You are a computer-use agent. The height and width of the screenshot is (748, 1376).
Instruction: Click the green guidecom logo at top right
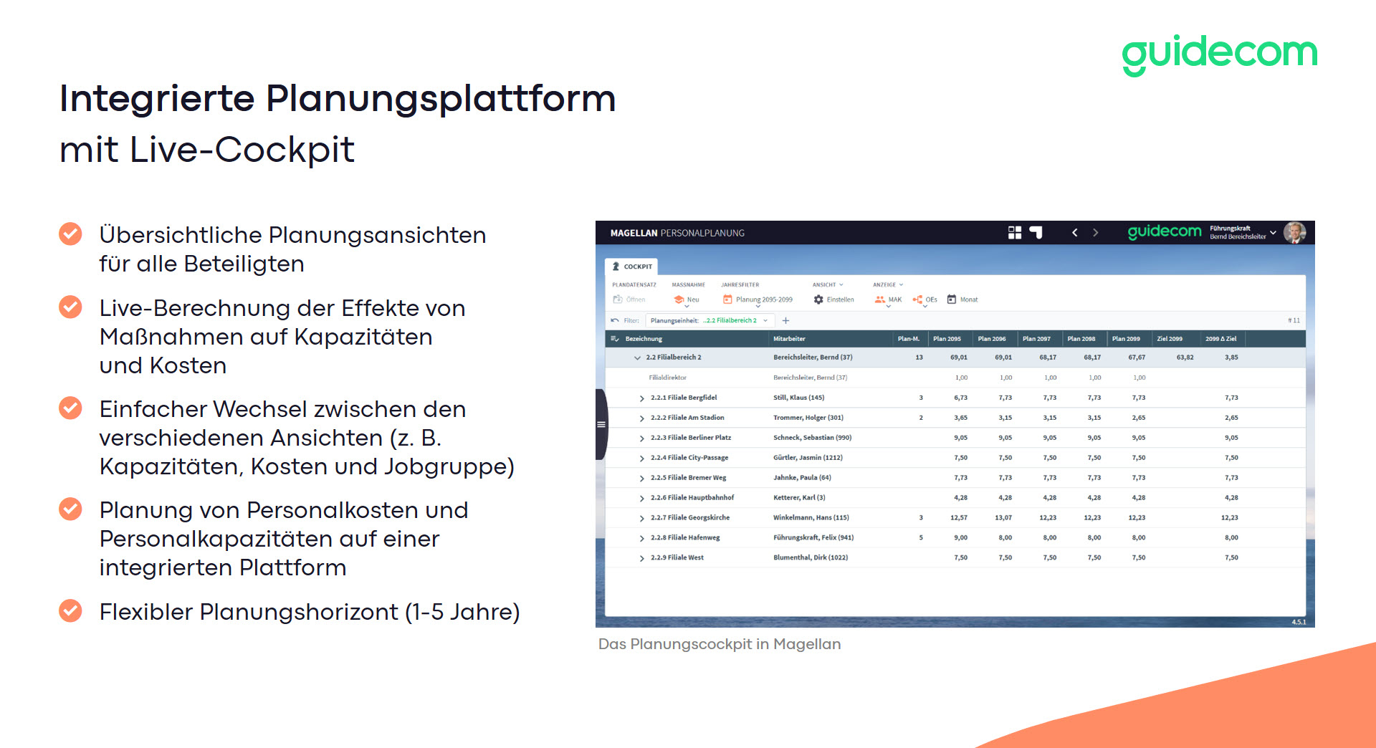pyautogui.click(x=1219, y=54)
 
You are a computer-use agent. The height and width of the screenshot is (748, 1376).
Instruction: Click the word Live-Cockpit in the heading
pyautogui.click(x=242, y=150)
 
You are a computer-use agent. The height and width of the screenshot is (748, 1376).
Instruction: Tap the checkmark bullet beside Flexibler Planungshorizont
pyautogui.click(x=70, y=610)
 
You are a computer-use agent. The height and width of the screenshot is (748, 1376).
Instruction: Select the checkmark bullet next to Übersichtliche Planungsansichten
pyautogui.click(x=70, y=234)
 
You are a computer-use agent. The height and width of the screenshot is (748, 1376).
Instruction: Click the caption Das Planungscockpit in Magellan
pyautogui.click(x=720, y=644)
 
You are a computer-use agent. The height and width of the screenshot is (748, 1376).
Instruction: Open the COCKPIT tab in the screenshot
pyautogui.click(x=632, y=267)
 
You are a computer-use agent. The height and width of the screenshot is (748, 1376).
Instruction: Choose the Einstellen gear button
pyautogui.click(x=834, y=299)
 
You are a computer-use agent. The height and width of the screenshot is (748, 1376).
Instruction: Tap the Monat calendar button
pyautogui.click(x=962, y=299)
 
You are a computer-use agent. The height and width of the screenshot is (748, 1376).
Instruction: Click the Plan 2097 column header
pyautogui.click(x=1036, y=339)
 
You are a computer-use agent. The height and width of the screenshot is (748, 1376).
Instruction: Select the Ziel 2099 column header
pyautogui.click(x=1170, y=339)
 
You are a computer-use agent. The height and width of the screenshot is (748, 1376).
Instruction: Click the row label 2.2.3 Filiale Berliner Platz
pyautogui.click(x=691, y=438)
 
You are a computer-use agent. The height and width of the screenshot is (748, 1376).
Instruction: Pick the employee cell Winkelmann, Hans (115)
pyautogui.click(x=811, y=517)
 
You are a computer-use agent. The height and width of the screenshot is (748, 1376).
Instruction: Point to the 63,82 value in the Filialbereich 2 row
pyautogui.click(x=1185, y=357)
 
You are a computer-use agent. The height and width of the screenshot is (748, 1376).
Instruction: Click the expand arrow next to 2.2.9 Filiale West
pyautogui.click(x=642, y=558)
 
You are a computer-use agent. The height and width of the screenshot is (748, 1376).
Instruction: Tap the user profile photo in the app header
pyautogui.click(x=1294, y=232)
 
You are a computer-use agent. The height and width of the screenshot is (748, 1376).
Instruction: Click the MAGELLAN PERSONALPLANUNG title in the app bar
pyautogui.click(x=677, y=233)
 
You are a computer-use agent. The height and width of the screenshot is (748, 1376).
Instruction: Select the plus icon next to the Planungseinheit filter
pyautogui.click(x=785, y=320)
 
